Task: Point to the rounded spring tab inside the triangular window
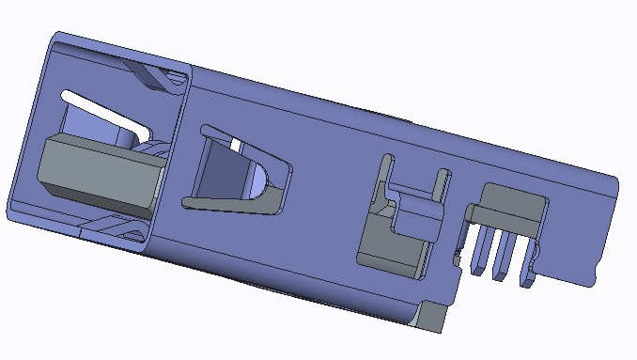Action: (x=258, y=179)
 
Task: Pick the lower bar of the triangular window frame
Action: (x=230, y=201)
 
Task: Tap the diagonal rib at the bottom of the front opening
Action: (x=113, y=227)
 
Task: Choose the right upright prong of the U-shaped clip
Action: (x=439, y=188)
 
